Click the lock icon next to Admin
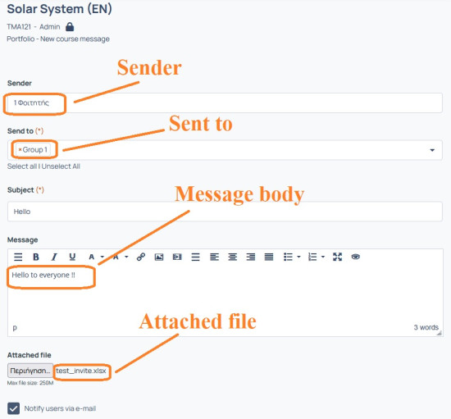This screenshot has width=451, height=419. coord(70,27)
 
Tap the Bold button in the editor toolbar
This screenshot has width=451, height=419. coord(36,257)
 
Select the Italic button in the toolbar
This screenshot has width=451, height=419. coord(54,257)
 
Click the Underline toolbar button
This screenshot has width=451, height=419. coord(72,257)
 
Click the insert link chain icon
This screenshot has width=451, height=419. coord(141,257)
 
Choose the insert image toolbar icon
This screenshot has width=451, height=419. coord(159,257)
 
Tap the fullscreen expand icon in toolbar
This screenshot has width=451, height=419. coord(337,257)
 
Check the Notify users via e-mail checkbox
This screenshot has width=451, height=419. coord(13,408)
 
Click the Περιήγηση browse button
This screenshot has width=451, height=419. coord(30,371)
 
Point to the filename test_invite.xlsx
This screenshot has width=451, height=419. coord(81,371)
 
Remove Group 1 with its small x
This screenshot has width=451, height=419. coord(20,150)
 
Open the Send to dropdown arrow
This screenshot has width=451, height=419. coord(432,150)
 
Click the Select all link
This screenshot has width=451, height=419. coord(22,166)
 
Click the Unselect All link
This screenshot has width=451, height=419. coord(61,166)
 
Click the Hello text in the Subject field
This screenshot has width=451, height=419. coord(22,212)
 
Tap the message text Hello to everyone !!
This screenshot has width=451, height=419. coord(43,276)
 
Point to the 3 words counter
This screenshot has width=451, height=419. coord(426,327)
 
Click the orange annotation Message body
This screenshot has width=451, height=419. coord(239,194)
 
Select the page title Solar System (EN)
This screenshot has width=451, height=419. coord(59,9)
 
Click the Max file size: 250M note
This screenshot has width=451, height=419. coord(30,383)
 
